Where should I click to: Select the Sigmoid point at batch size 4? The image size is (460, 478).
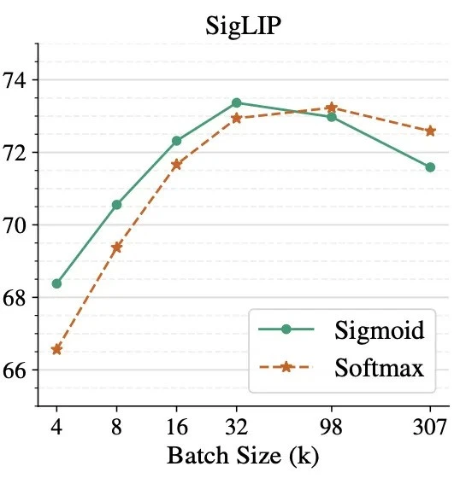56,283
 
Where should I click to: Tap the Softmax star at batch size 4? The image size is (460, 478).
56,349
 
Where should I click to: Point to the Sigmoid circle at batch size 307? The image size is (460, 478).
430,167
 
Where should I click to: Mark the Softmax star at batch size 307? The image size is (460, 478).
430,131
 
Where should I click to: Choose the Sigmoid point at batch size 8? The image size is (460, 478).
116,205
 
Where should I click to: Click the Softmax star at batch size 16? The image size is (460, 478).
176,164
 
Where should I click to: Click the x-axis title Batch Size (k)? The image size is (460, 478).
244,454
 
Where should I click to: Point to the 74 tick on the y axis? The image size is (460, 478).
18,80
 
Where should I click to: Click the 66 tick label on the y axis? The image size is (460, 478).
18,370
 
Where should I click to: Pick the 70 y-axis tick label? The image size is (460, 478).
18,225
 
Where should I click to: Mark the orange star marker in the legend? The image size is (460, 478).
286,367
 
